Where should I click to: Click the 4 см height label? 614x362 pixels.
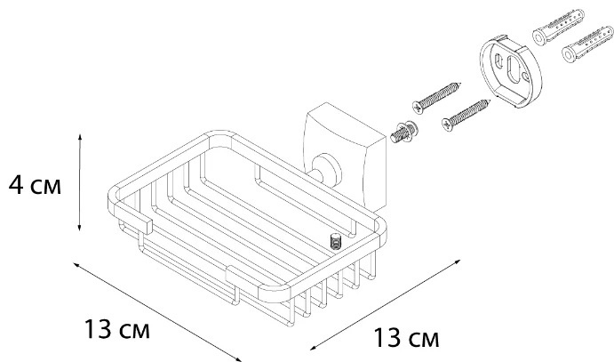coord(35,185)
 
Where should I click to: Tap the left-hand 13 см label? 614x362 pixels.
coord(116,329)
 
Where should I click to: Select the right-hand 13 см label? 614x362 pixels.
coord(406,338)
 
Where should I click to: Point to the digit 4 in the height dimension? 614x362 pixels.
coord(17,185)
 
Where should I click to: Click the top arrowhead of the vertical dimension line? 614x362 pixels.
coord(79,137)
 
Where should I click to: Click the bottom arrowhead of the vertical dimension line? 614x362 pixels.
coord(79,227)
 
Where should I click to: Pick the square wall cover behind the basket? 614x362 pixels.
coord(345,155)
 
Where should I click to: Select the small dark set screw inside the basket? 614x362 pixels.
coord(336,241)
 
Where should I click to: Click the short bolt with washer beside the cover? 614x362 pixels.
coord(403,133)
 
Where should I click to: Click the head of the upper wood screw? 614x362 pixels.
coord(419,108)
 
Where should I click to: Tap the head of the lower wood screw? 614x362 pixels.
coord(448,125)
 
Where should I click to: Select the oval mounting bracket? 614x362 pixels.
coord(510,71)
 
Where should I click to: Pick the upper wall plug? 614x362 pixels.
coord(558,27)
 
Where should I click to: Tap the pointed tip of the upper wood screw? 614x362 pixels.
coord(461,83)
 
